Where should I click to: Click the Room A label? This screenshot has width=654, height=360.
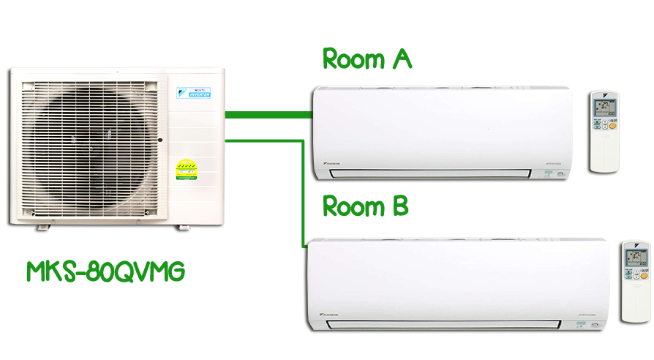(367, 59)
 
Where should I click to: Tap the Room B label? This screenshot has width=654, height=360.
(366, 207)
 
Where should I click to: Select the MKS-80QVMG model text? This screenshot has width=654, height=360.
(105, 271)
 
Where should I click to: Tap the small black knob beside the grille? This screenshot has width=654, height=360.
(159, 139)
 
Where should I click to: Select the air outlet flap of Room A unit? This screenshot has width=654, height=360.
(430, 173)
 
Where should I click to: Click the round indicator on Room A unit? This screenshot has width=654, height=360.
(561, 173)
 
